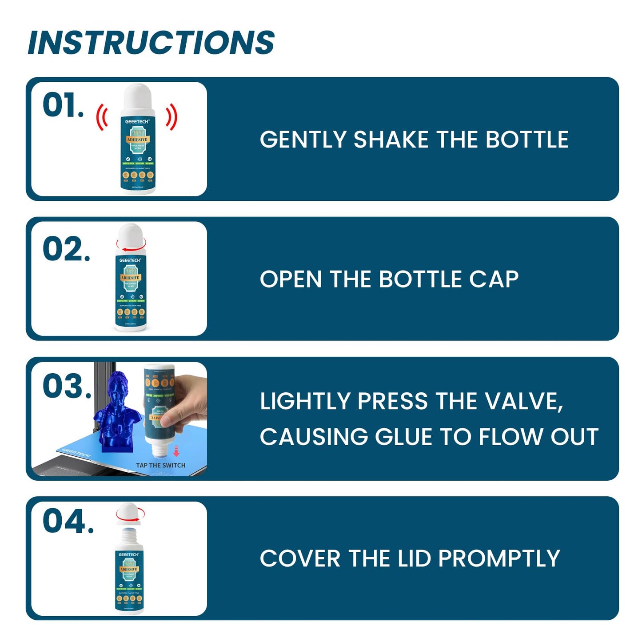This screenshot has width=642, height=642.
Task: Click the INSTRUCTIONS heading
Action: coord(151,43)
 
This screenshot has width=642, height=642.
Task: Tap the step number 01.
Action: coord(63,106)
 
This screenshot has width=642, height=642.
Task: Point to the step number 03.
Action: coord(67,386)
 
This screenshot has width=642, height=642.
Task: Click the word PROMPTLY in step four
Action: coord(499,558)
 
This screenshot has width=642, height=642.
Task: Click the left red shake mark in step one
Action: coord(102,117)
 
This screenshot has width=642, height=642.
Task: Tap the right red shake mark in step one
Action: coord(171,117)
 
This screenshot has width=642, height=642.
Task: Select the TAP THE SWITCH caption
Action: coord(160,465)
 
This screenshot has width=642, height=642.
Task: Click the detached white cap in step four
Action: coord(129,513)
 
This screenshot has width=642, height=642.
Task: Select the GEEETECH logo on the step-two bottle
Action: coord(130,260)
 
